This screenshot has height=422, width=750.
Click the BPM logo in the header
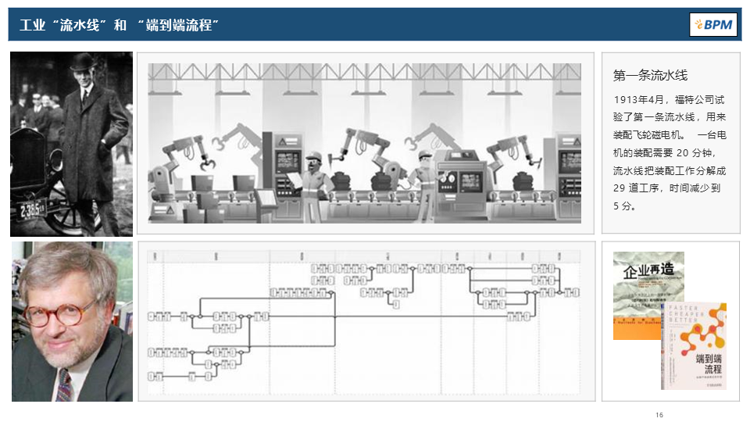pyautogui.click(x=713, y=25)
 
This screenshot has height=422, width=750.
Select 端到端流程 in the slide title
pyautogui.click(x=180, y=26)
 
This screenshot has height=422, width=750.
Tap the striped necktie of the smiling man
pyautogui.click(x=63, y=384)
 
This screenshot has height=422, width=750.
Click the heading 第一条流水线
pyautogui.click(x=650, y=76)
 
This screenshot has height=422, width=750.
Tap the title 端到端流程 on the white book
pyautogui.click(x=708, y=363)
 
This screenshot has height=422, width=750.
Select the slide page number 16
pyautogui.click(x=659, y=414)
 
